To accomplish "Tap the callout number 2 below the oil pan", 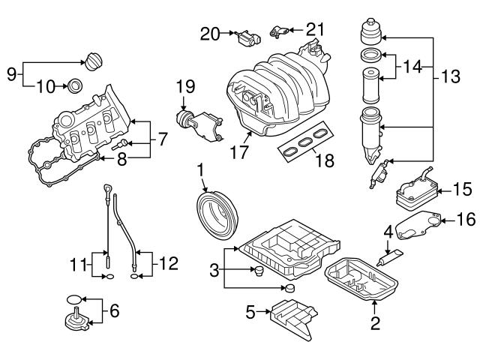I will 375,324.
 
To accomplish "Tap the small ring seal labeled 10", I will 76,86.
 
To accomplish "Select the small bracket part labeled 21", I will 280,31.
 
